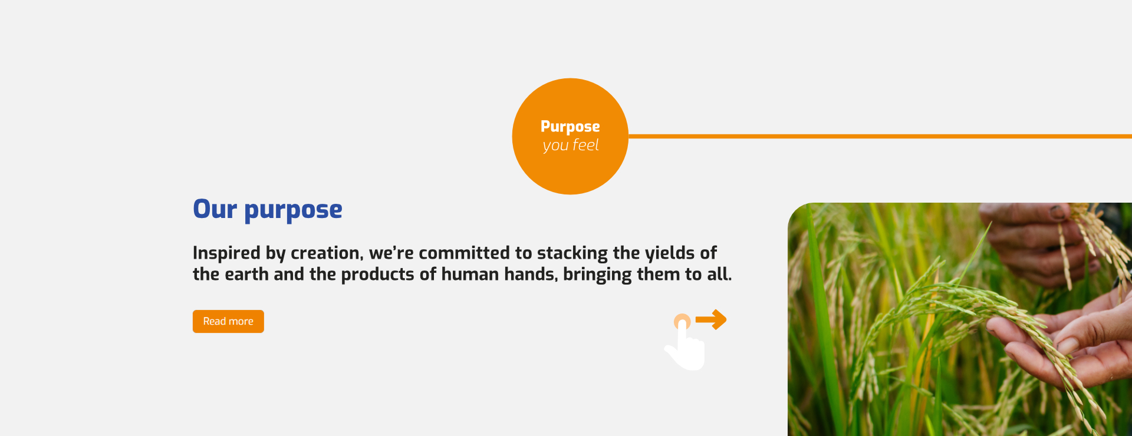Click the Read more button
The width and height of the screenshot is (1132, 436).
pyautogui.click(x=228, y=321)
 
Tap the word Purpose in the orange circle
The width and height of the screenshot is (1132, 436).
pyautogui.click(x=570, y=127)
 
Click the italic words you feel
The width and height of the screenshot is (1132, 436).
pyautogui.click(x=571, y=146)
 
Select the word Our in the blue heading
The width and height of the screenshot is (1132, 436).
pyautogui.click(x=215, y=209)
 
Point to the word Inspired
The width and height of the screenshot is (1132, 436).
pyautogui.click(x=226, y=253)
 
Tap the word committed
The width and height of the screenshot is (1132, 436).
pyautogui.click(x=464, y=253)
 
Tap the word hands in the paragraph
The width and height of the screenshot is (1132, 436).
pyautogui.click(x=529, y=274)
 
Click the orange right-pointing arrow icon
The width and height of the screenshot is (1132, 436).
pyautogui.click(x=711, y=320)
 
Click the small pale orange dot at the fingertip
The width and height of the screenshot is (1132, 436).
pyautogui.click(x=682, y=322)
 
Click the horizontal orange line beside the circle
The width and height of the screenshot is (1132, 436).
pyautogui.click(x=880, y=136)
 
